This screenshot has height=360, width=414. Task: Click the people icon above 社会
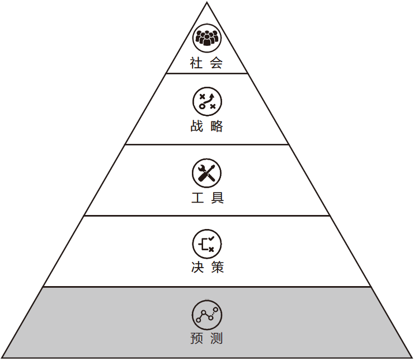pos(207,38)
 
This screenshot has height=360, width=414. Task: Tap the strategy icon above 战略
pos(207,101)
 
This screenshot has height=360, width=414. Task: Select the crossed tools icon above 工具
pos(207,172)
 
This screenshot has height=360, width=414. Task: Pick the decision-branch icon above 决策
pos(207,243)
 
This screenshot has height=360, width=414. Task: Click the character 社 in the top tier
pos(196,63)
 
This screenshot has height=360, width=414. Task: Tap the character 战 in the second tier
pos(196,127)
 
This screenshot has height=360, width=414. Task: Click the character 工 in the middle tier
pos(196,198)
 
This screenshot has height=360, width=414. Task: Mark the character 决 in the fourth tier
pos(196,268)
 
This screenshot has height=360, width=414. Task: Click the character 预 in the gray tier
pos(196,339)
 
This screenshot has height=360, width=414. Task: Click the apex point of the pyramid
pos(207,3)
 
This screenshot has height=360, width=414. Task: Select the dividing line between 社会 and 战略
pos(207,73)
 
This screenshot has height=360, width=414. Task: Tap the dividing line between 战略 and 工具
pos(207,144)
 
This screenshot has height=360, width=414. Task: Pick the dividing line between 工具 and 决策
pos(207,216)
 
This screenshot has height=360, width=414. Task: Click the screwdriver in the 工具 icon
pos(210,170)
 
